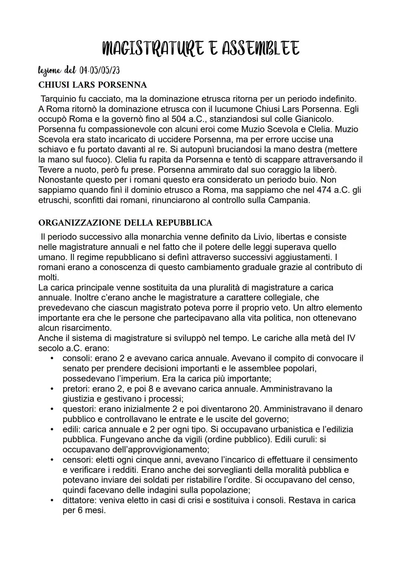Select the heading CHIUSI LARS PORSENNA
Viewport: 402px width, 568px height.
[x=93, y=85]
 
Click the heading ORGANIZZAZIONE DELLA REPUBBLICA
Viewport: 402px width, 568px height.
[x=125, y=223]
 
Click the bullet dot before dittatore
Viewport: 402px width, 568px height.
[x=53, y=500]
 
